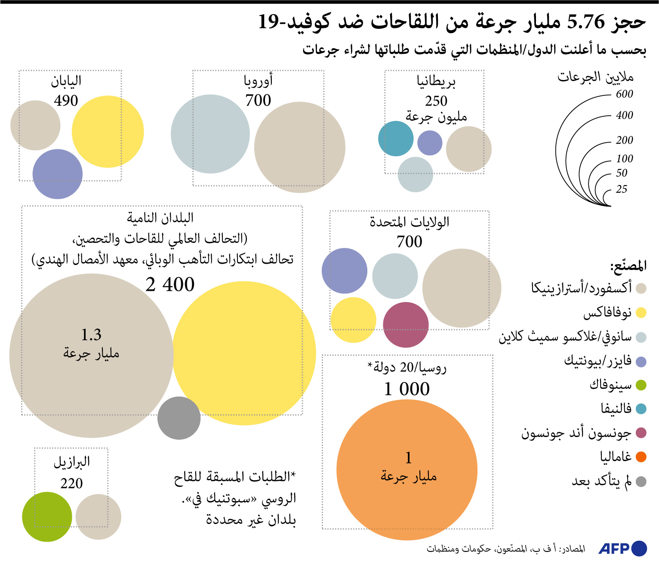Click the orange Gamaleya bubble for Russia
pyautogui.click(x=407, y=470)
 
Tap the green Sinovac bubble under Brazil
pyautogui.click(x=47, y=517)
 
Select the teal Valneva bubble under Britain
pyautogui.click(x=396, y=139)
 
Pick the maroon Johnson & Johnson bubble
pyautogui.click(x=406, y=325)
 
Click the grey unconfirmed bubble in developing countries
pyautogui.click(x=179, y=418)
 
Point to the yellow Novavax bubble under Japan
pyautogui.click(x=108, y=132)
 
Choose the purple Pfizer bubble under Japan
pyautogui.click(x=57, y=174)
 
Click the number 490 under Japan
pyautogui.click(x=66, y=101)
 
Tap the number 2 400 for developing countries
pyautogui.click(x=170, y=285)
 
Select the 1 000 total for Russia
pyautogui.click(x=407, y=389)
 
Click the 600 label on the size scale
pyautogui.click(x=624, y=94)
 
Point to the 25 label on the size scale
pyautogui.click(x=621, y=189)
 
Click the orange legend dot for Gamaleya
pyautogui.click(x=641, y=457)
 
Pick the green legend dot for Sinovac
pyautogui.click(x=641, y=385)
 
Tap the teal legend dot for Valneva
pyautogui.click(x=641, y=409)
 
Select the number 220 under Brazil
pyautogui.click(x=71, y=484)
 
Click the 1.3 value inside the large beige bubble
pyautogui.click(x=91, y=335)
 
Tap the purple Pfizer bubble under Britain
pyautogui.click(x=430, y=143)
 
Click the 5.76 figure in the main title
pyautogui.click(x=586, y=22)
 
